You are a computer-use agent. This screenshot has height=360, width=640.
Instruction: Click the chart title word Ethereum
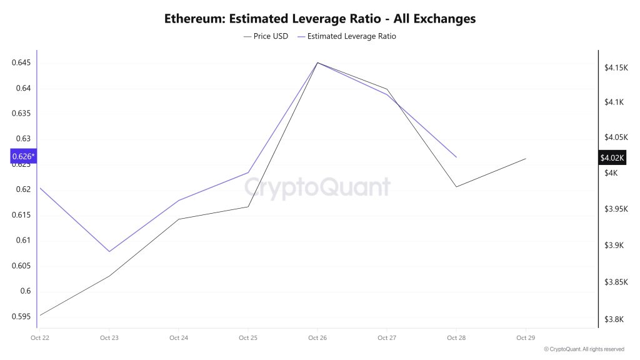(x=194, y=19)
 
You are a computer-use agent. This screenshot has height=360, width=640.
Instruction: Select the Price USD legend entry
(x=266, y=36)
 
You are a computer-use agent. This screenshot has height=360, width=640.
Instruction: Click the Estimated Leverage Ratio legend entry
(x=347, y=36)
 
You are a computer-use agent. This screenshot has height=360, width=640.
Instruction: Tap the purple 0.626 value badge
(x=24, y=156)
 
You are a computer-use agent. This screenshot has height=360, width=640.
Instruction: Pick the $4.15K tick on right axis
(x=617, y=67)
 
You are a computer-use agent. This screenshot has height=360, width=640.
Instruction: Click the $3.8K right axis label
(x=614, y=320)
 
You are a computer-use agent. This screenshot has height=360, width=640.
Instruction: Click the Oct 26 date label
(x=317, y=338)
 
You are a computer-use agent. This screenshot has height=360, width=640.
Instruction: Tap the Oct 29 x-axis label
(x=526, y=338)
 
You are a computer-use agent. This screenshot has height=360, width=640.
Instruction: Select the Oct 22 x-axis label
(x=40, y=338)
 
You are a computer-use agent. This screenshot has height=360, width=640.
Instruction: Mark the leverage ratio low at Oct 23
(x=109, y=252)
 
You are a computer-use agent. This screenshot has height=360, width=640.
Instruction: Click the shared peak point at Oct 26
(x=317, y=62)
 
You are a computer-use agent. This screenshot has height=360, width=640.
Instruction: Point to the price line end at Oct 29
(x=526, y=159)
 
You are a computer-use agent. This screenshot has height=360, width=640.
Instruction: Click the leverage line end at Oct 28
(x=456, y=157)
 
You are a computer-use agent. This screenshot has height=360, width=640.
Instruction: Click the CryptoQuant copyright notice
(x=584, y=349)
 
